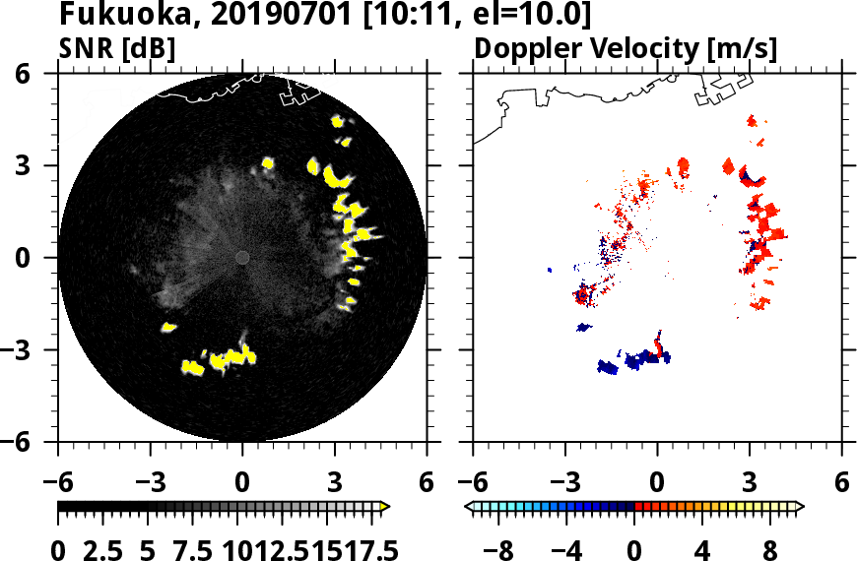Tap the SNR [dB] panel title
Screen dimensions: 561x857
click(117, 47)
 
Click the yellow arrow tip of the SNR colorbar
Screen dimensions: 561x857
click(385, 507)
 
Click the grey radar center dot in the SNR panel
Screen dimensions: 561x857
click(242, 257)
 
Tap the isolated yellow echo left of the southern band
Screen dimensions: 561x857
click(168, 327)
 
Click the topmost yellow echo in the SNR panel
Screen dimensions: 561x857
click(337, 121)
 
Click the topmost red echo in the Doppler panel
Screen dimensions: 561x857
click(752, 120)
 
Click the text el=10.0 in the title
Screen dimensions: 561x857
click(538, 16)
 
